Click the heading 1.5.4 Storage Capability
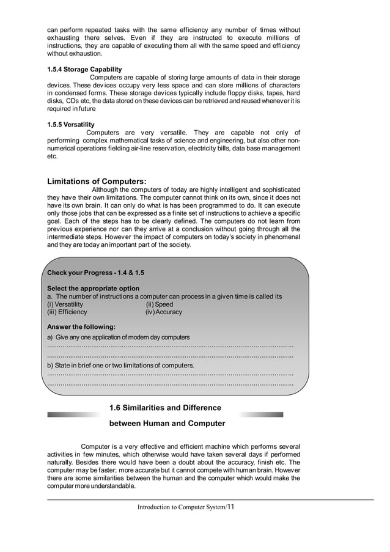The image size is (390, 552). coord(84,69)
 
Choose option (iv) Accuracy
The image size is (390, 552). coord(163,312)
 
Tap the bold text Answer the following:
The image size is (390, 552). coord(81,326)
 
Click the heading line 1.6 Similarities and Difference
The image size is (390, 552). coord(164,408)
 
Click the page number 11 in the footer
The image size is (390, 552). coord(230,507)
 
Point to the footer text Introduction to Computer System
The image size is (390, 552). coord(181,507)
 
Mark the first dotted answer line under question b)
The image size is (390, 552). coord(170,374)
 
